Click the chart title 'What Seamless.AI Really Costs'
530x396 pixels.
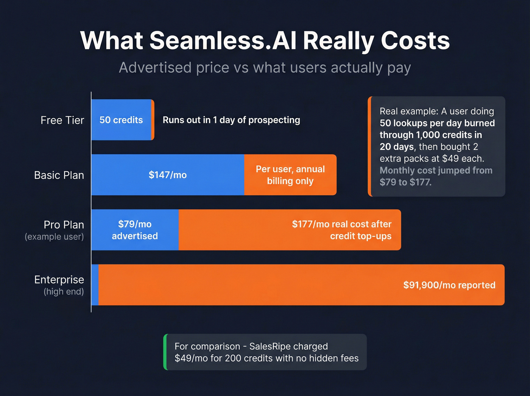point(265,40)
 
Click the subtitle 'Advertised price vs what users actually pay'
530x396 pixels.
point(265,68)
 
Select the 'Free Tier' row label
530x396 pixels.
point(62,120)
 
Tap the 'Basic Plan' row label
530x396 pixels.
point(59,175)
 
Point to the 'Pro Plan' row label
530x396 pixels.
point(64,225)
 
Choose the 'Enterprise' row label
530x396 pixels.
point(59,280)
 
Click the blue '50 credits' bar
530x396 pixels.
point(121,120)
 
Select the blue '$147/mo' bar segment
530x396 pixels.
point(168,175)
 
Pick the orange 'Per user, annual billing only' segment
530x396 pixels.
point(290,175)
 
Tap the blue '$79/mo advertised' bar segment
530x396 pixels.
point(135,230)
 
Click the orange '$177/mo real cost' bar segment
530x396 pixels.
point(290,230)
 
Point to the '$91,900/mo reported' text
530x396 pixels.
point(449,285)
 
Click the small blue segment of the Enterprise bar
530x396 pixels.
point(95,285)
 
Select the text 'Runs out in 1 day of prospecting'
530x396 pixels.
point(231,120)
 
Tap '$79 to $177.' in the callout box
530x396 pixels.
point(405,182)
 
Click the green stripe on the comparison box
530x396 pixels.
point(165,352)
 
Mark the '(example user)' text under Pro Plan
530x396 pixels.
point(54,237)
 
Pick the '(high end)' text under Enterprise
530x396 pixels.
point(64,292)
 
